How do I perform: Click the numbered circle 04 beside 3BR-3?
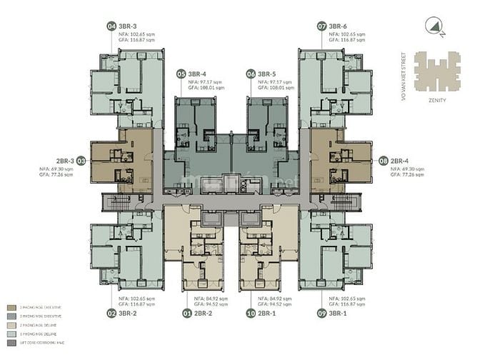pyautogui.click(x=111, y=26)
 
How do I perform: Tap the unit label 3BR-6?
pyautogui.click(x=338, y=26)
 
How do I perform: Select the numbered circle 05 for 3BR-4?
pyautogui.click(x=181, y=74)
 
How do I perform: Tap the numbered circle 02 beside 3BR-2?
pyautogui.click(x=111, y=313)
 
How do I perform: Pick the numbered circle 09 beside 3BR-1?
pyautogui.click(x=322, y=313)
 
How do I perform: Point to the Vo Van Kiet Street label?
pyautogui.click(x=406, y=71)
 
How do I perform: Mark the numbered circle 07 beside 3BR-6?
pyautogui.click(x=322, y=26)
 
